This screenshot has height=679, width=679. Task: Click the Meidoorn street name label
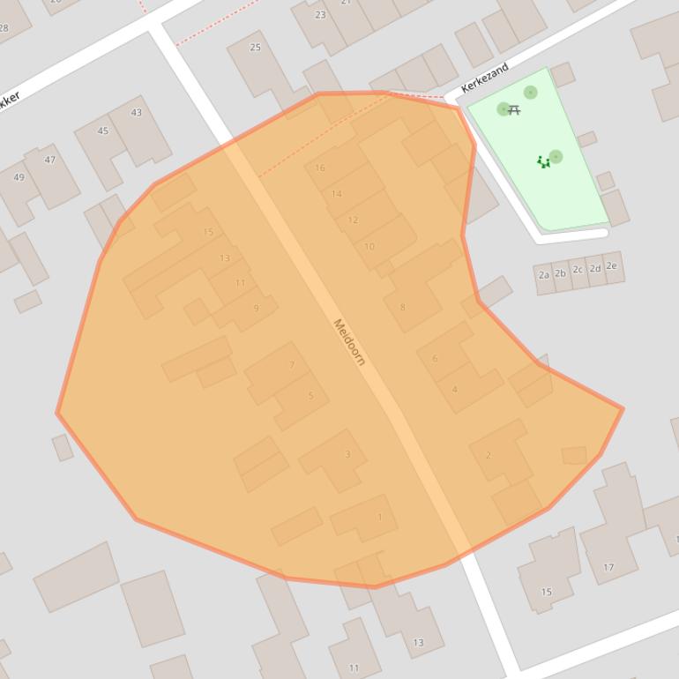349,342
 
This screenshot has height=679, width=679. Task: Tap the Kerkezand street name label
485,78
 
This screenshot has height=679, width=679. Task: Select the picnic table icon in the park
514,110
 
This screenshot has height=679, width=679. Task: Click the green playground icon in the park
543,162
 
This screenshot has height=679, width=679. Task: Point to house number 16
320,168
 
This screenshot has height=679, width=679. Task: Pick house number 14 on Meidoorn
337,194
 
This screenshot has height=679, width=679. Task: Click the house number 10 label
369,247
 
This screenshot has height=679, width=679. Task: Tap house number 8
403,307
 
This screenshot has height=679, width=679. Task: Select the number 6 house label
435,359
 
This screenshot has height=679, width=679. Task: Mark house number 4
455,389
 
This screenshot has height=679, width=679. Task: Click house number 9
257,308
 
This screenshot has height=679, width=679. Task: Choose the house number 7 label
292,365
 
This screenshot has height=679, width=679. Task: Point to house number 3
347,455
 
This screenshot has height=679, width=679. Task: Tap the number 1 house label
380,518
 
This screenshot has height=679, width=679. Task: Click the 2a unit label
544,275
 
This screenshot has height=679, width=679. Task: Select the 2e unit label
611,265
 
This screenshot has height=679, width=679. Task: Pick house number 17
608,567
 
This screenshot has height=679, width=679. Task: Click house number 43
136,113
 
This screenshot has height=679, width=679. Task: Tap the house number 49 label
19,177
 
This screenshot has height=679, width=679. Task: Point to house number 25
256,48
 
